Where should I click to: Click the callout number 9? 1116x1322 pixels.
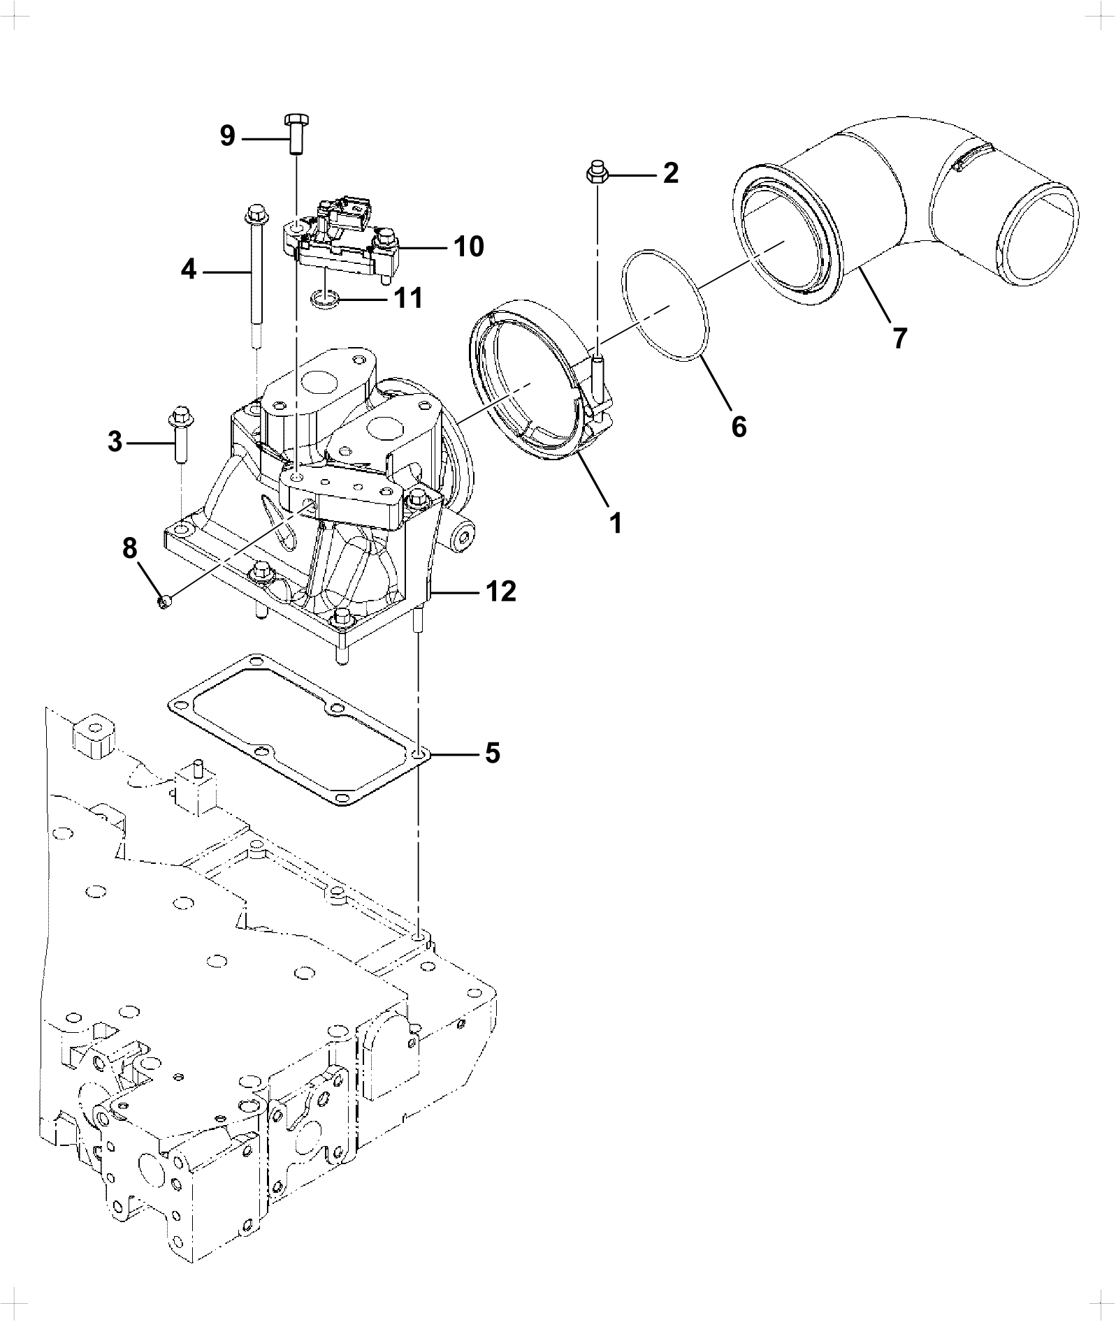click(228, 135)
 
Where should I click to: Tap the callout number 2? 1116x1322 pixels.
click(670, 172)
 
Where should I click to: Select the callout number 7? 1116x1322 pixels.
click(899, 338)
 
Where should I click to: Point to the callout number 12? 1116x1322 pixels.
click(501, 592)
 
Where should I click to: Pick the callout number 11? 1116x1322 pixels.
click(407, 298)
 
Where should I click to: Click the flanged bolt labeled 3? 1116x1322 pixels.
click(178, 433)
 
